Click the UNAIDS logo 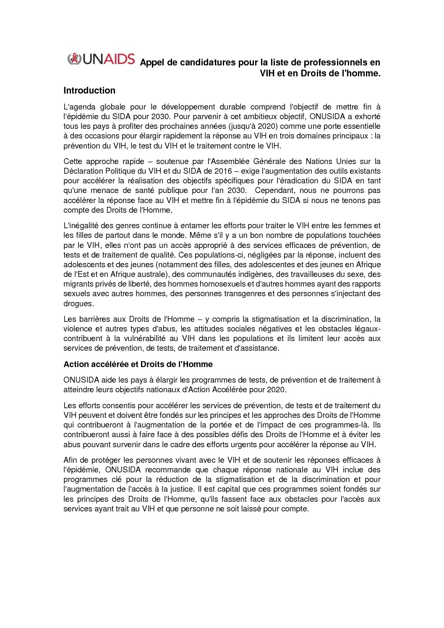coord(101,59)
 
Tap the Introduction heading coord(89,91)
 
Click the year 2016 coord(223,171)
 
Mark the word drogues coord(78,303)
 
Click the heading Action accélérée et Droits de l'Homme coord(138,364)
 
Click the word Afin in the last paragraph coord(71,460)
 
